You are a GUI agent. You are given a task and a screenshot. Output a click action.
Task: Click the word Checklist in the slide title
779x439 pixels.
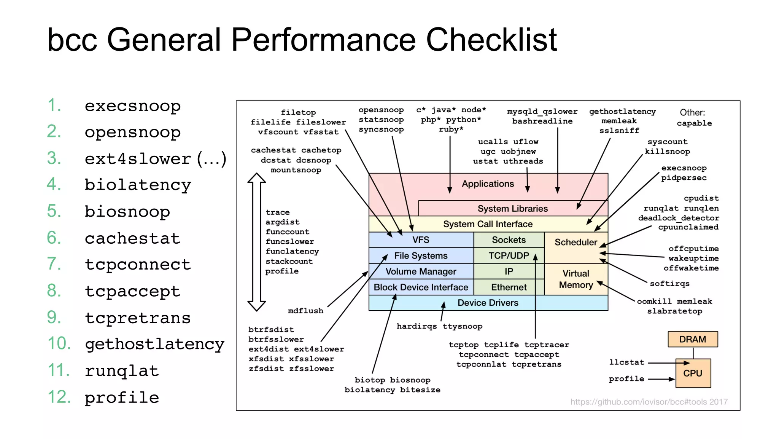[x=491, y=40]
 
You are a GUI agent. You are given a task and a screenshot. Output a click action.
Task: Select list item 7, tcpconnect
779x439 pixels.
[x=137, y=264]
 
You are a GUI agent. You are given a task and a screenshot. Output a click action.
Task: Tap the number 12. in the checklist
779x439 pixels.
[x=59, y=397]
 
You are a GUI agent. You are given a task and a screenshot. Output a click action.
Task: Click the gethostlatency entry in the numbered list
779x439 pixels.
[x=154, y=344]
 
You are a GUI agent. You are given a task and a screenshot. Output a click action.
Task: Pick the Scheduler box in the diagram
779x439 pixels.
[x=576, y=243]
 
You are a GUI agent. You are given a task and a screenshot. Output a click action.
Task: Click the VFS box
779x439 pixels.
[x=421, y=240]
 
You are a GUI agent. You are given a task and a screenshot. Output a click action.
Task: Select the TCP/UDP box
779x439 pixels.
[x=509, y=255]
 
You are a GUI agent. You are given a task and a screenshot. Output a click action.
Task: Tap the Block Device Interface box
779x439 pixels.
[x=421, y=287]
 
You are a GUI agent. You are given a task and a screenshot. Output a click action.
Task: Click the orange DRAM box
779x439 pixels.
[x=692, y=339]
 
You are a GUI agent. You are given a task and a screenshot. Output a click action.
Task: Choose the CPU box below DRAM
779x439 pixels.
[x=693, y=373]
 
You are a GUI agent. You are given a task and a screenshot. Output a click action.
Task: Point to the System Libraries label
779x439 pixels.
[x=512, y=209]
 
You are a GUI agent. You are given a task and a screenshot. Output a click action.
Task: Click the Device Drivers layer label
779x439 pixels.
[x=488, y=303]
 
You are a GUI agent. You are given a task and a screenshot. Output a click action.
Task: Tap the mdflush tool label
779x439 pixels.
[x=305, y=311]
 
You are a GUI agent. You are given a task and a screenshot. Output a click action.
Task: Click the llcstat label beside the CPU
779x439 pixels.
[x=626, y=362]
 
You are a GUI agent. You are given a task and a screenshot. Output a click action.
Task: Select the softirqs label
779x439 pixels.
[x=669, y=284]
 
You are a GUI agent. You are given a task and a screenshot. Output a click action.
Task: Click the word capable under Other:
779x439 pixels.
[x=694, y=123]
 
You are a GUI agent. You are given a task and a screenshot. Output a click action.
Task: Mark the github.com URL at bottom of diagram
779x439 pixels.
[x=649, y=402]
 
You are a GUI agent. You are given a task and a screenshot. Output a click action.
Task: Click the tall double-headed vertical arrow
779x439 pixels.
[x=256, y=242]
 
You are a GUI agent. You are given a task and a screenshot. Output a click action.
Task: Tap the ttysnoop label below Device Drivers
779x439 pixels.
[x=462, y=326]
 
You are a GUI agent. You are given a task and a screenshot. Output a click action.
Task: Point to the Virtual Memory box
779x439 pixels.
[x=576, y=279]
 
